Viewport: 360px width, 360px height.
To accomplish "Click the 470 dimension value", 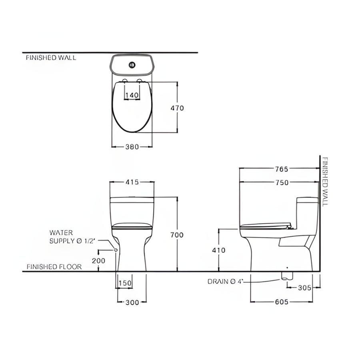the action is (x=177, y=108).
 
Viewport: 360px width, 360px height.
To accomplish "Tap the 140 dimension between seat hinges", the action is (x=132, y=95).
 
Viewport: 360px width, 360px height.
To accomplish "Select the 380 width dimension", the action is (x=132, y=147).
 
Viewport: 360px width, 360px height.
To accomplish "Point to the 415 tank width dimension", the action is (x=132, y=182).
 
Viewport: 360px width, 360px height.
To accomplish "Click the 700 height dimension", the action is (x=177, y=235).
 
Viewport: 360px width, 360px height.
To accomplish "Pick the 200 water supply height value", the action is (x=98, y=260).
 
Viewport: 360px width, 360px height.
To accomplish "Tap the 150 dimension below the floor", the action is (x=125, y=283).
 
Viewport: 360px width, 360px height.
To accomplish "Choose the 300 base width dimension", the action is (x=132, y=302).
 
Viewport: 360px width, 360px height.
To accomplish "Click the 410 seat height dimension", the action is (x=218, y=250).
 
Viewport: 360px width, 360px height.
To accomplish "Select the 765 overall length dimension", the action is (x=282, y=169).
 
